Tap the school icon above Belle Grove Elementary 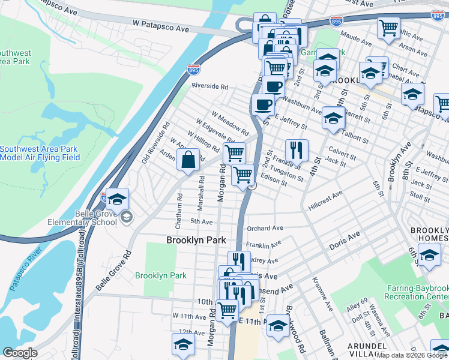point(118,198)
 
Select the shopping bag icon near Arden point(188,161)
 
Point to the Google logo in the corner point(20,353)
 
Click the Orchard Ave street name point(265,228)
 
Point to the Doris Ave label point(343,245)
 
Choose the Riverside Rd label point(209,86)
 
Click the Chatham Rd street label point(178,214)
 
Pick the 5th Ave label point(202,221)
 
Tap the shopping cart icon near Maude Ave point(388,28)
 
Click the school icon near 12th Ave point(183,344)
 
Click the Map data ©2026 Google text point(412,355)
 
